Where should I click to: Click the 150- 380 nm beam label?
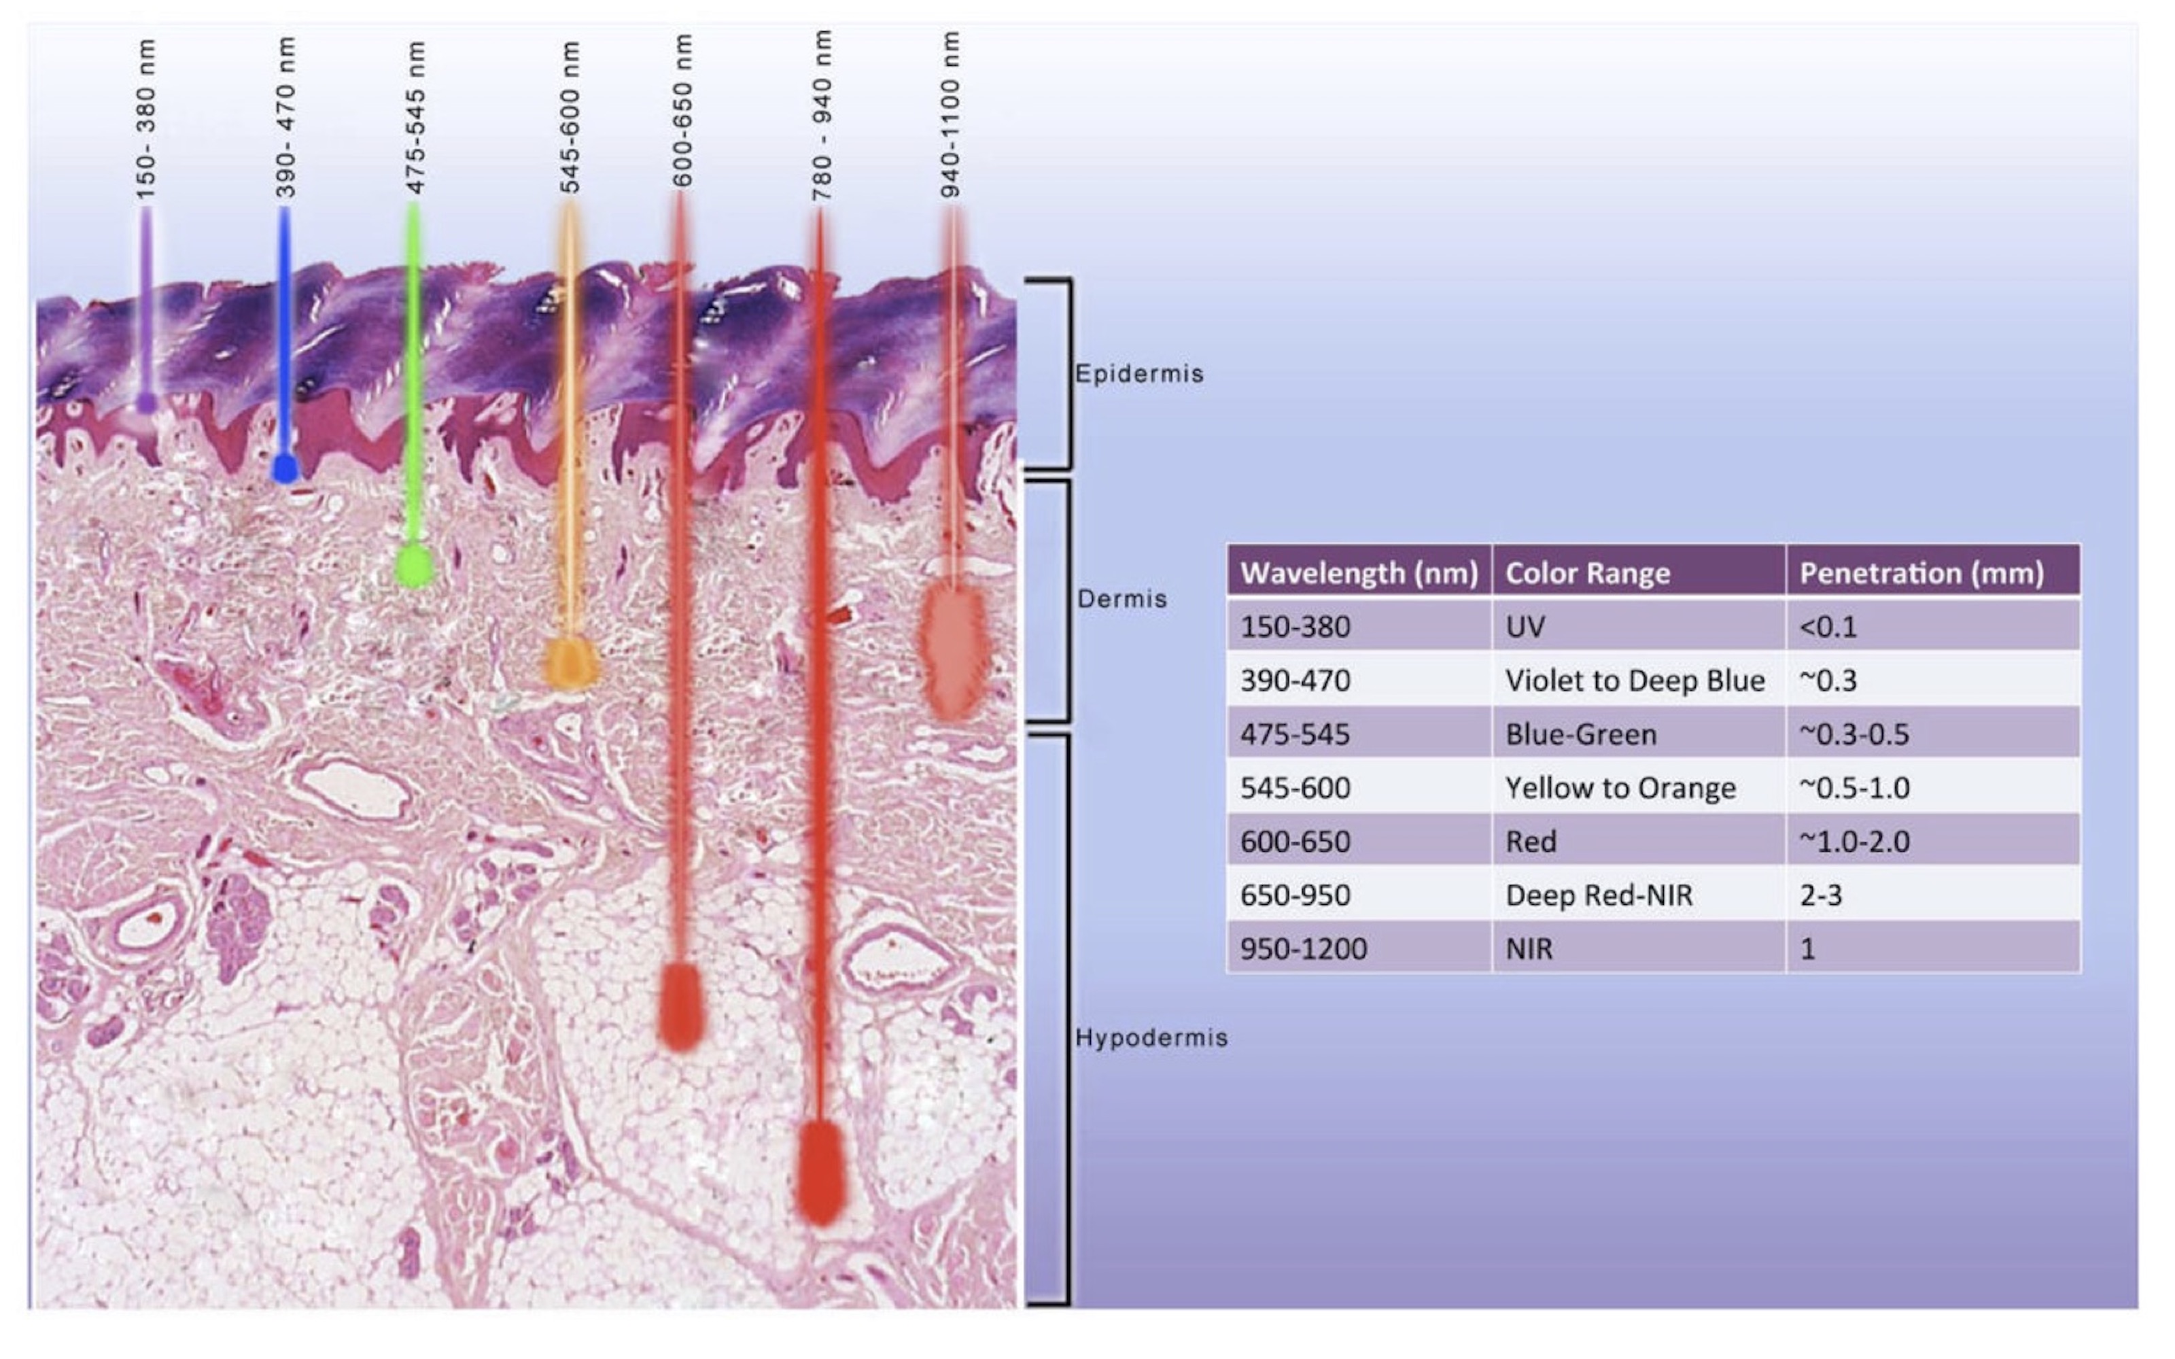[145, 120]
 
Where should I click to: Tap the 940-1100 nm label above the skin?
[950, 114]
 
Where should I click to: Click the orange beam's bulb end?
[570, 664]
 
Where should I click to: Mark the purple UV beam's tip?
[145, 402]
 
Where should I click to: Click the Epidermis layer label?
[1139, 374]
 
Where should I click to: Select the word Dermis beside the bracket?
[1122, 599]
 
